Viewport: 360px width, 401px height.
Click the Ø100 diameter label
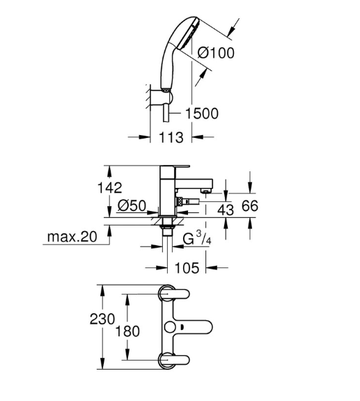(x=216, y=53)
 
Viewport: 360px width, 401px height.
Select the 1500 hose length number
(x=202, y=113)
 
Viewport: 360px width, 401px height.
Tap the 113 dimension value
(x=171, y=137)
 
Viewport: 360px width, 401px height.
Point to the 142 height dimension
(x=110, y=188)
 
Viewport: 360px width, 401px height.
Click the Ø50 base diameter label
(x=132, y=205)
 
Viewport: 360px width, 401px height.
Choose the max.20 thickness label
(x=72, y=237)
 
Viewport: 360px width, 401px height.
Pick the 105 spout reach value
(x=187, y=268)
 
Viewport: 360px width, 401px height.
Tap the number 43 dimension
(x=226, y=210)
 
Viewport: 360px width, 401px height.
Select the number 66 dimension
(x=250, y=206)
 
